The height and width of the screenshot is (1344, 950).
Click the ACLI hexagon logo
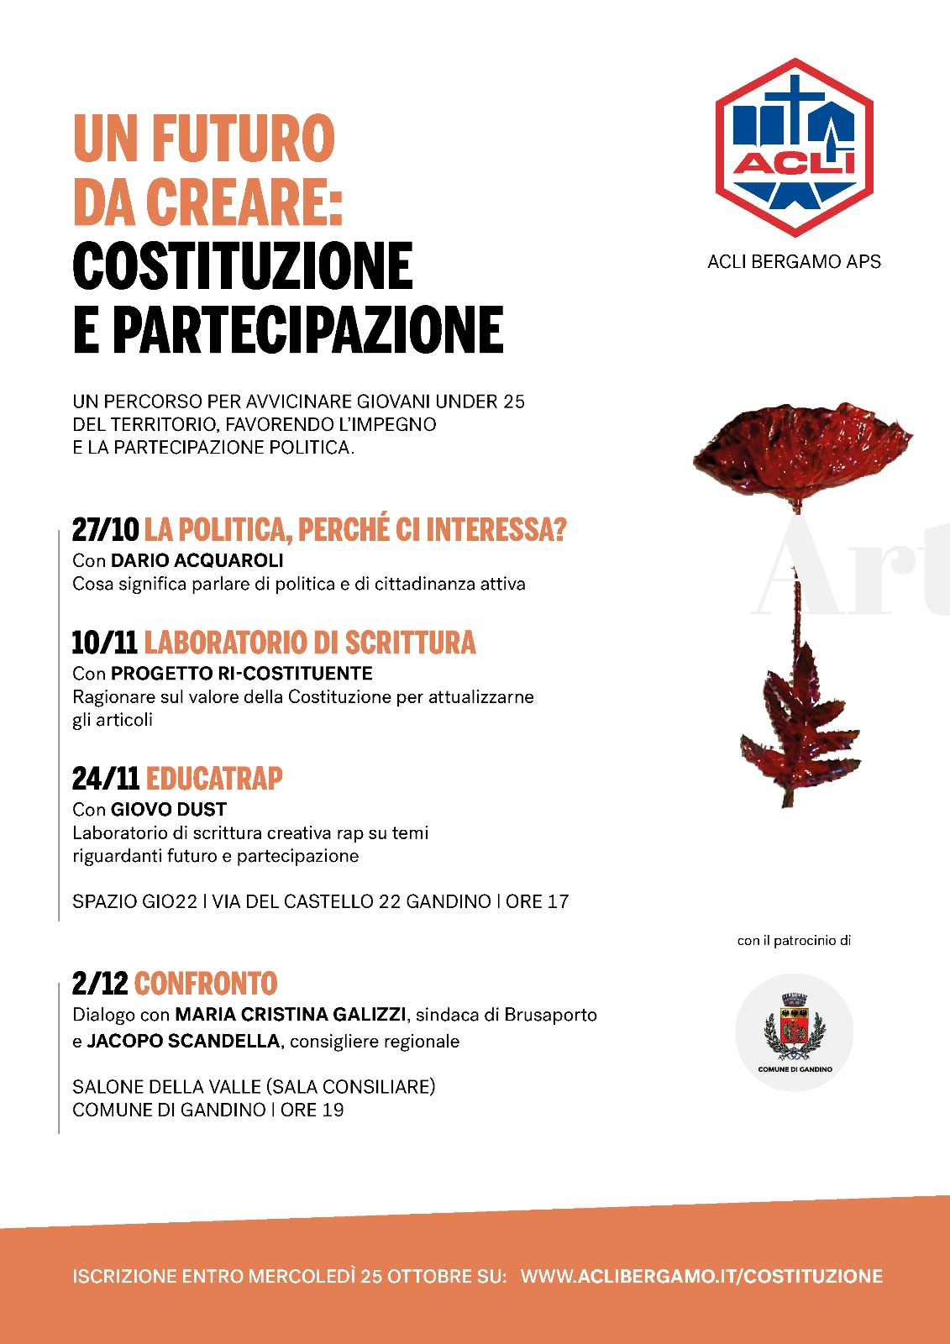[x=794, y=147]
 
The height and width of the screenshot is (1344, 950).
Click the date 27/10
[x=105, y=530]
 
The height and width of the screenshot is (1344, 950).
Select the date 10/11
[x=104, y=643]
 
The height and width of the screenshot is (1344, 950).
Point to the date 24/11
[x=105, y=780]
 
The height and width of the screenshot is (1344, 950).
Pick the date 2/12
[x=99, y=984]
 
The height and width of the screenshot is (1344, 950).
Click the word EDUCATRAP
[x=214, y=780]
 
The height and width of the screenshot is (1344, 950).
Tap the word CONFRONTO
[x=206, y=984]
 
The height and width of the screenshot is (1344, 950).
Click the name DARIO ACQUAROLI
[x=197, y=560]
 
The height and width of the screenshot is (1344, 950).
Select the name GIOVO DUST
[x=169, y=810]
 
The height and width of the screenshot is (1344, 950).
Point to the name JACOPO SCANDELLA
[x=184, y=1042]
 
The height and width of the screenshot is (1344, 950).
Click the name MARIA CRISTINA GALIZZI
[x=291, y=1015]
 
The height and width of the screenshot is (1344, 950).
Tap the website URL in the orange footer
[x=701, y=1277]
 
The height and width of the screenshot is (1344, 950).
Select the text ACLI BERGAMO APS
[x=794, y=262]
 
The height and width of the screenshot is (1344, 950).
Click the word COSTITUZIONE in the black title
[x=243, y=266]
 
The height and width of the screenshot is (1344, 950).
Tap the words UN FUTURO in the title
[x=204, y=139]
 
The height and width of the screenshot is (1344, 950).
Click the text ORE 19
[x=312, y=1110]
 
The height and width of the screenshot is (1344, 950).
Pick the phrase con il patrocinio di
[x=794, y=941]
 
